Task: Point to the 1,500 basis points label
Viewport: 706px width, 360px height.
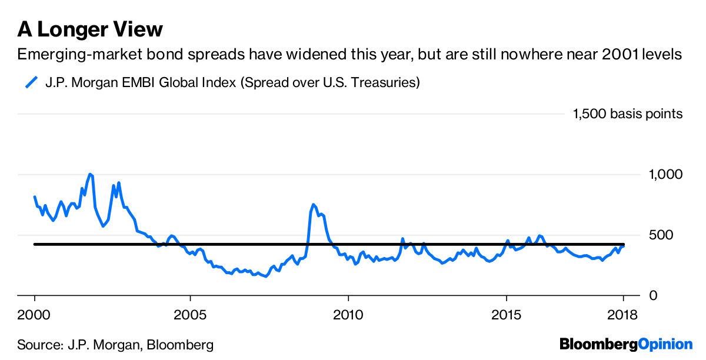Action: [628, 114]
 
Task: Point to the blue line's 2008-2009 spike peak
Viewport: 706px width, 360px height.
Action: [314, 205]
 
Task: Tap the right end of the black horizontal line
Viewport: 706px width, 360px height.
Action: [624, 244]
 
